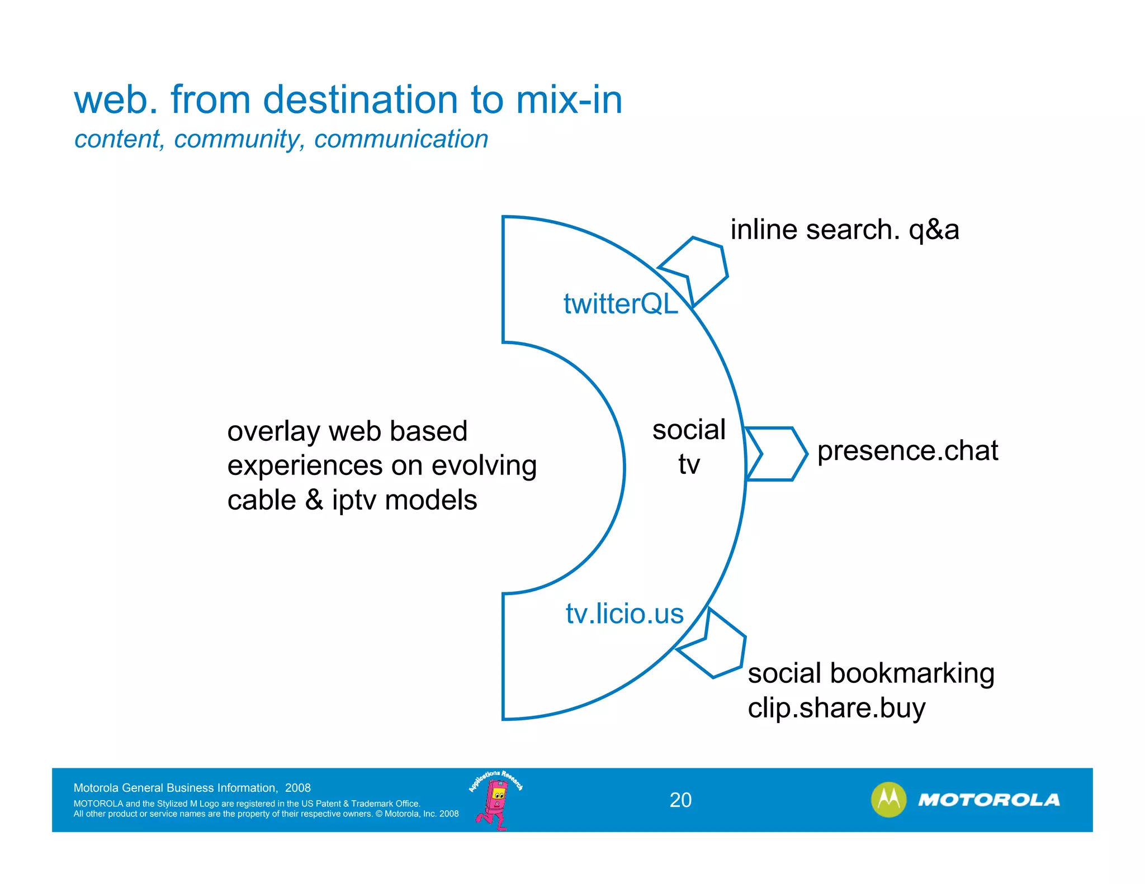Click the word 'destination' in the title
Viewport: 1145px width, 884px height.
pyautogui.click(x=361, y=100)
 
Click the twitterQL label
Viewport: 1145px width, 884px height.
pyautogui.click(x=620, y=304)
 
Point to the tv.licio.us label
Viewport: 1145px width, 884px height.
pyautogui.click(x=624, y=614)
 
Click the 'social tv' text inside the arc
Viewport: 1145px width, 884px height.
pyautogui.click(x=689, y=446)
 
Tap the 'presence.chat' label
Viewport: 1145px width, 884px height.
pyautogui.click(x=907, y=451)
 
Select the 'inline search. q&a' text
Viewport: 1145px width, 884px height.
pyautogui.click(x=844, y=230)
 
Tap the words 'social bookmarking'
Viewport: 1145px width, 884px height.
pyautogui.click(x=870, y=673)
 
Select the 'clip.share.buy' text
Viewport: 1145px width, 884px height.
pyautogui.click(x=836, y=708)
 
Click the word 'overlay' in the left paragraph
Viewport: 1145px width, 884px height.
pyautogui.click(x=273, y=431)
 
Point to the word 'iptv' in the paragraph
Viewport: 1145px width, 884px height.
pyautogui.click(x=354, y=500)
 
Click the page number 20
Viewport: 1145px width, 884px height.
pyautogui.click(x=680, y=800)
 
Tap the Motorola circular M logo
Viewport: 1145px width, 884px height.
pyautogui.click(x=888, y=800)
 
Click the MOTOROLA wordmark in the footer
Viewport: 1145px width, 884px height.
pyautogui.click(x=988, y=800)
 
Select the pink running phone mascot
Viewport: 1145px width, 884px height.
pyautogui.click(x=495, y=802)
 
